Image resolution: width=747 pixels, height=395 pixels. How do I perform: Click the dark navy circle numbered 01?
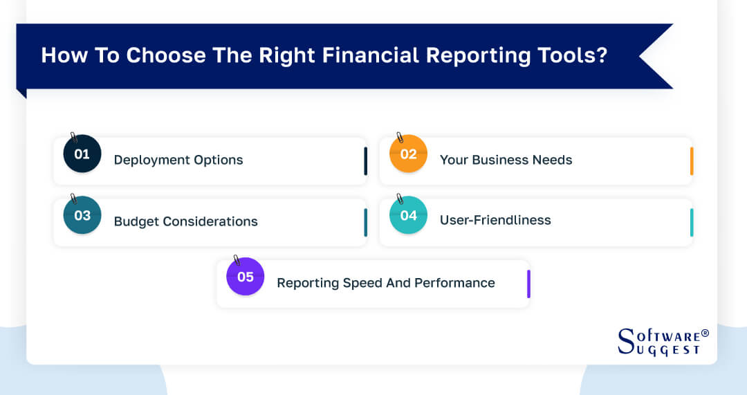point(82,154)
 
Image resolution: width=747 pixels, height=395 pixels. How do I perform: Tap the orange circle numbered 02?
point(408,154)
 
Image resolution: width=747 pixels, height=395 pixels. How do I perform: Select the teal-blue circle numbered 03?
point(82,215)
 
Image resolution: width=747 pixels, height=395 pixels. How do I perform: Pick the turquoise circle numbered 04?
point(408,215)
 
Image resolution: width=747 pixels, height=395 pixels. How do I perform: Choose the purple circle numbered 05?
point(246,277)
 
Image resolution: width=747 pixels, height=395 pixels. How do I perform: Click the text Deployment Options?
point(178,160)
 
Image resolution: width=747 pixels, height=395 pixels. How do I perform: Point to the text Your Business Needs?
point(506,160)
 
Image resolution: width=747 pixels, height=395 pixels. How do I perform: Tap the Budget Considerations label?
point(185,221)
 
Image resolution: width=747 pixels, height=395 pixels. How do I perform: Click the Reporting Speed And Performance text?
point(385,282)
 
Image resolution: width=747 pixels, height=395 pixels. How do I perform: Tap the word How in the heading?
point(60,55)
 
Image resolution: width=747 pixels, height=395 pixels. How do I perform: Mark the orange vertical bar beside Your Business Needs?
point(691,161)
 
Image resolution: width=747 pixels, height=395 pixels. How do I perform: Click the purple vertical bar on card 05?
point(528,284)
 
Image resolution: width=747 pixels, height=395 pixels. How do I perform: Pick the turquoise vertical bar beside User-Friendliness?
point(691,222)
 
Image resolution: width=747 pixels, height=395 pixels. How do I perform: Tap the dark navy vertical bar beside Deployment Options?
point(365,161)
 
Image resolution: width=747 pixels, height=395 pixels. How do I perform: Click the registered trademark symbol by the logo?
point(705,333)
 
